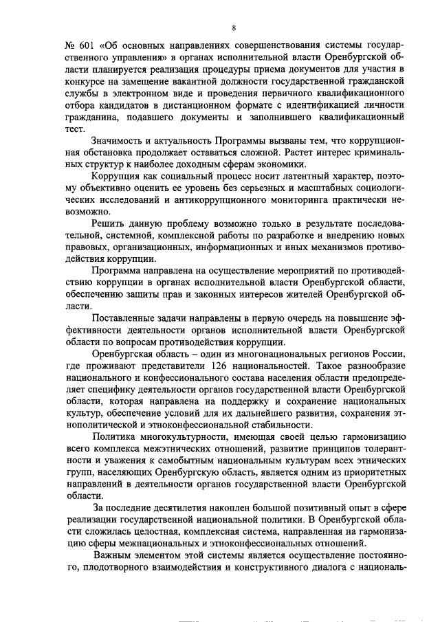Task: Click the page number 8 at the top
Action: pos(234,28)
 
